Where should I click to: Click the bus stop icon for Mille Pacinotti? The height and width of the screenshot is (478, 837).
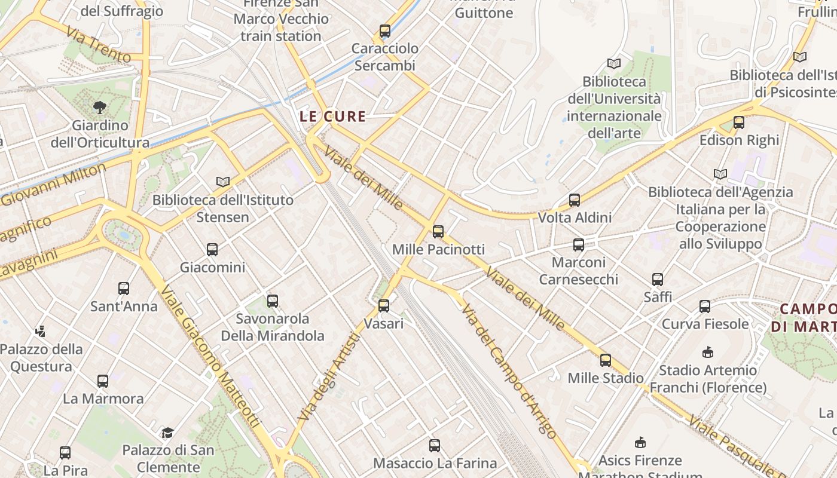(438, 232)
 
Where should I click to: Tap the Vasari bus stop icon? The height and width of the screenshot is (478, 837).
(384, 306)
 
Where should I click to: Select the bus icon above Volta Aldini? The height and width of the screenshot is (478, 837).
(575, 200)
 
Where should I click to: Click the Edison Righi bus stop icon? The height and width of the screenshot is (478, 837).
(739, 122)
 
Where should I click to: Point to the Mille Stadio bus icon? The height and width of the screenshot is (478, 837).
(606, 360)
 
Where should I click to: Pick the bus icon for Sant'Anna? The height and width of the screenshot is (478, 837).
(124, 289)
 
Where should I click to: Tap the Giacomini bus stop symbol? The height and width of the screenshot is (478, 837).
(212, 250)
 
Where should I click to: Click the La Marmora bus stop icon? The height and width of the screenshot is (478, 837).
(103, 381)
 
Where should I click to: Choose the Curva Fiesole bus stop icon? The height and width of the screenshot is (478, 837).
(705, 307)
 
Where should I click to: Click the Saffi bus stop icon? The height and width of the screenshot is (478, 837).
(658, 280)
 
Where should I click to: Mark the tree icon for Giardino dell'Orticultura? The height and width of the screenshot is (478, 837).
(100, 108)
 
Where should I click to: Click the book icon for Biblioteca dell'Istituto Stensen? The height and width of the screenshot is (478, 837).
(223, 182)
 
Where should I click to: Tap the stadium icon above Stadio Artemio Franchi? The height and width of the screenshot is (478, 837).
(708, 352)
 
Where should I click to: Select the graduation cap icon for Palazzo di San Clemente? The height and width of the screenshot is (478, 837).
(168, 433)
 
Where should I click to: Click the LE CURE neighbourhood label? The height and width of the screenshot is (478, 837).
(332, 117)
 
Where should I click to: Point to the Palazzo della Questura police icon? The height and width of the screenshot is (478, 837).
(41, 331)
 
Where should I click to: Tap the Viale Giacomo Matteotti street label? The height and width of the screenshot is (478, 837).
(210, 356)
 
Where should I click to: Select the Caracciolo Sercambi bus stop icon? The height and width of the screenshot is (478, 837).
(385, 31)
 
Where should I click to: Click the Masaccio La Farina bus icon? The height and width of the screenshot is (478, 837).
(435, 446)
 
